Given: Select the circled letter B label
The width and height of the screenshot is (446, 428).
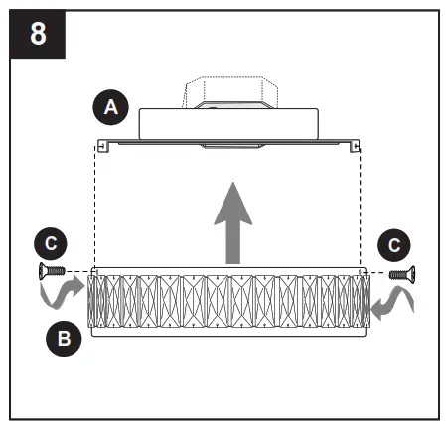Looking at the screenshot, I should [63, 339].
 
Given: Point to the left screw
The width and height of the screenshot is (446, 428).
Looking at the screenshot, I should [50, 270].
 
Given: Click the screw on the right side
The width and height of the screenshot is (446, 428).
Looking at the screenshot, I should [399, 272].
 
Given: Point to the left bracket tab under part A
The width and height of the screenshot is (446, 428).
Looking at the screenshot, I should [102, 147].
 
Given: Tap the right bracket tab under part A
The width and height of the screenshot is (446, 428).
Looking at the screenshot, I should [356, 147].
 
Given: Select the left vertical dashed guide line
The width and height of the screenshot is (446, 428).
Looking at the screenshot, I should [94, 209].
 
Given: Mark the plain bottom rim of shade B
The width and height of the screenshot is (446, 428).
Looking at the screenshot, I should [228, 334].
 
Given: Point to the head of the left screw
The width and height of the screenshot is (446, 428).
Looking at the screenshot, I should [42, 270].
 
